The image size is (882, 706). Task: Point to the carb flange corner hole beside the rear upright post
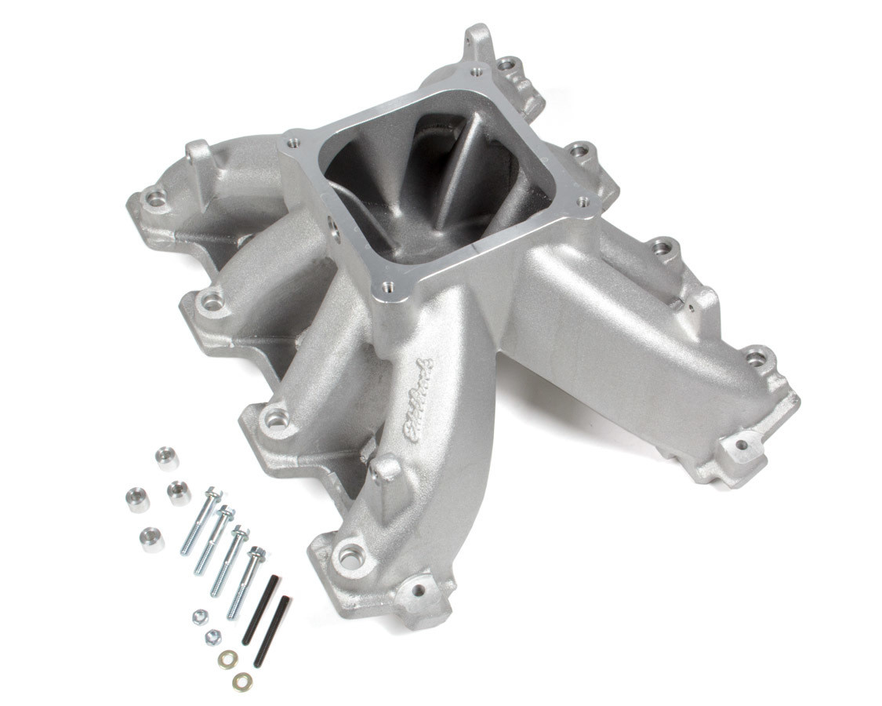[x=477, y=72]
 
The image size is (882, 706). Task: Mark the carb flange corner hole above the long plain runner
[x=582, y=202]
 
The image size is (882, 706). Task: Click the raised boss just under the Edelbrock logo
[x=386, y=468]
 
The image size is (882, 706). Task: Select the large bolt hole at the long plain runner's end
[x=755, y=359]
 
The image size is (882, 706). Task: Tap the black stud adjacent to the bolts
[x=260, y=610]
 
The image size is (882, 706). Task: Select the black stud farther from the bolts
[x=272, y=631]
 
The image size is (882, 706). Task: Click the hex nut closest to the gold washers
[x=212, y=638]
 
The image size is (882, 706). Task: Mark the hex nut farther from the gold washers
[x=201, y=617]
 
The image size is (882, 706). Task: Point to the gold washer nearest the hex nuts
[x=228, y=659]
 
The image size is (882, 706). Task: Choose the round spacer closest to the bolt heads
[x=179, y=493]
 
